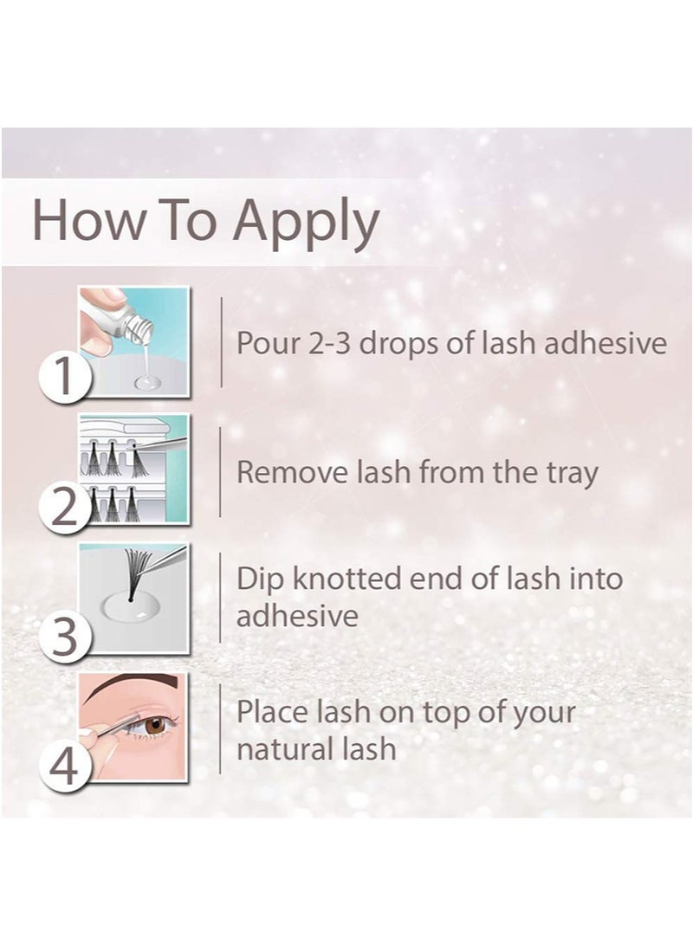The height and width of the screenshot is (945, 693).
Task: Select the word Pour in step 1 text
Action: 266,343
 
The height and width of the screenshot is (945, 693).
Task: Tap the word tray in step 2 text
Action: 570,474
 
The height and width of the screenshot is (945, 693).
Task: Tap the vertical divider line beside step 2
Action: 221,472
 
